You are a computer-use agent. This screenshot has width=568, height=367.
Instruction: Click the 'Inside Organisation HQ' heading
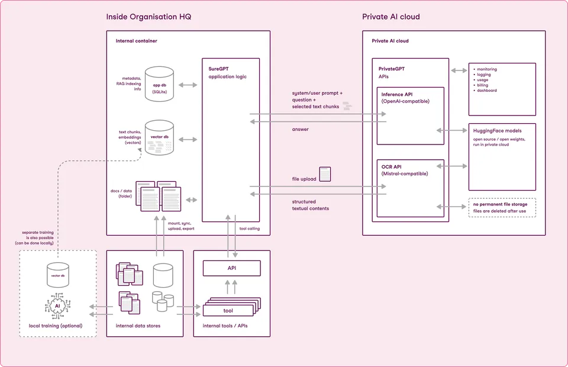tap(149, 17)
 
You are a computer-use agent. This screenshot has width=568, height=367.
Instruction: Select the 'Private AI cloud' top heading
tap(390, 17)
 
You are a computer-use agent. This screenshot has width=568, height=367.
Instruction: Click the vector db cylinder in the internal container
tap(159, 137)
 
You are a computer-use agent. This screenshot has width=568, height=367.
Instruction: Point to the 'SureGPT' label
tap(218, 69)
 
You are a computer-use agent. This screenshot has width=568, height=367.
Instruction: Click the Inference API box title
tap(401, 95)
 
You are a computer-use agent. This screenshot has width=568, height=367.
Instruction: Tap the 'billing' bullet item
tap(482, 85)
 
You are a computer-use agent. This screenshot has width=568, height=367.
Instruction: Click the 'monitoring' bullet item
tap(486, 69)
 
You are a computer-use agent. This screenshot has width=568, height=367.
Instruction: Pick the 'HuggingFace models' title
tap(497, 131)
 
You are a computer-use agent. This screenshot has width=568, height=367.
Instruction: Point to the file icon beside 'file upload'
tap(325, 174)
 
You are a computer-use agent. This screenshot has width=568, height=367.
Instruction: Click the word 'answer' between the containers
tap(300, 129)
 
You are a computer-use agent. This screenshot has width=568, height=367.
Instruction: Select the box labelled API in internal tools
tap(231, 268)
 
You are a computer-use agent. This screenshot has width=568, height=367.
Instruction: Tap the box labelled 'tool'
tap(228, 310)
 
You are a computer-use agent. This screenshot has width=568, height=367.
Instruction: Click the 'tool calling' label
tap(249, 228)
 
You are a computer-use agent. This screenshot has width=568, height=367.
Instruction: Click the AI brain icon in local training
tap(57, 306)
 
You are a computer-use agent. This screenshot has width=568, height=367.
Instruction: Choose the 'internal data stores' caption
tap(138, 326)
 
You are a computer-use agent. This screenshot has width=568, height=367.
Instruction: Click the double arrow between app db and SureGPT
tap(188, 85)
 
